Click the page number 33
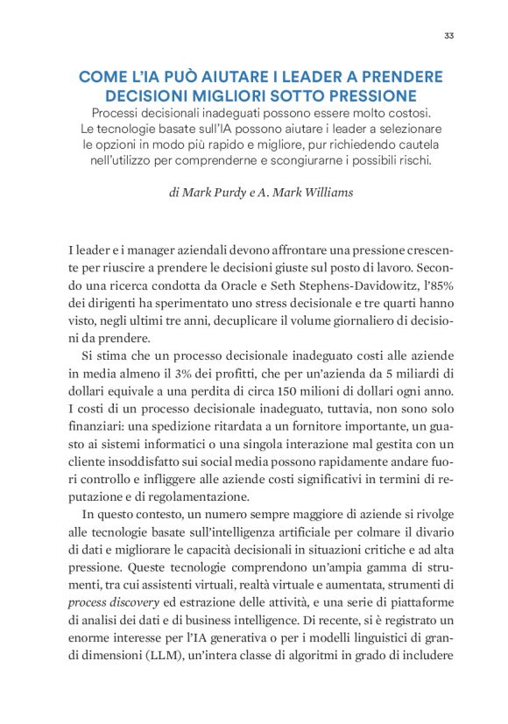pos(448,36)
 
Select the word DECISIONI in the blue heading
pos(147,95)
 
